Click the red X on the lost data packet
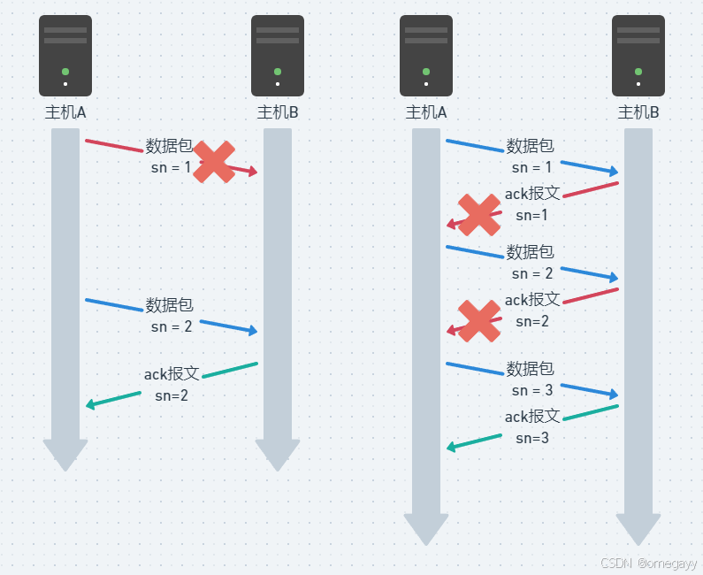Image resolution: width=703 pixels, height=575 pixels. click(214, 162)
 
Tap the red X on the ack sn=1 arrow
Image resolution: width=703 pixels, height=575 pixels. click(479, 215)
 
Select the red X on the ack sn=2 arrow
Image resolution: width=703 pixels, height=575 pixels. click(479, 320)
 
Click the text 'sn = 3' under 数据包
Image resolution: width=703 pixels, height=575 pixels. click(531, 390)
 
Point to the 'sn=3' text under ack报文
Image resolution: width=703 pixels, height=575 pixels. click(531, 438)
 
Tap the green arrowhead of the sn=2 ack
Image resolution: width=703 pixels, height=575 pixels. click(91, 405)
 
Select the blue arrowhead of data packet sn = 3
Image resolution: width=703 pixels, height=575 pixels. click(613, 395)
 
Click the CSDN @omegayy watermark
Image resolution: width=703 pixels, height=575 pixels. click(648, 563)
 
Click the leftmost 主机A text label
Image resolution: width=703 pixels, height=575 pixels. click(65, 112)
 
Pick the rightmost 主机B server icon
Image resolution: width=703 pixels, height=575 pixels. click(638, 56)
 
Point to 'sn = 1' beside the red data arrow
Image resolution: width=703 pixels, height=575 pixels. click(171, 166)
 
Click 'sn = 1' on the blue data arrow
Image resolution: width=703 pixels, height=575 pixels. click(531, 166)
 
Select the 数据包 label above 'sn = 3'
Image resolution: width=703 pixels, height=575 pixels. click(531, 368)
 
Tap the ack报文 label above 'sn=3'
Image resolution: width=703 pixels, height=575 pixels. click(532, 417)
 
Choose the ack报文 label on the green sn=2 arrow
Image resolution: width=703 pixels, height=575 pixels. click(172, 374)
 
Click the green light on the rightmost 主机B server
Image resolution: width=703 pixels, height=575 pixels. click(638, 72)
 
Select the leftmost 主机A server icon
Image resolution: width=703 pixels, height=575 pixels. click(65, 56)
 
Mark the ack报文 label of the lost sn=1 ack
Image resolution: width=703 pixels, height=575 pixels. click(532, 193)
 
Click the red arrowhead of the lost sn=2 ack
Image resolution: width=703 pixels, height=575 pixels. click(452, 331)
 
